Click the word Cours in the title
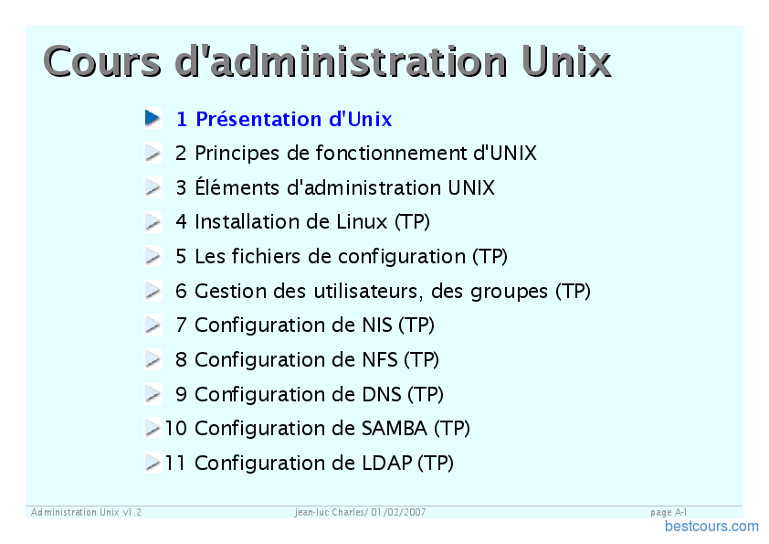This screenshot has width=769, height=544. [102, 61]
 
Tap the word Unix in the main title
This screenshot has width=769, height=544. [566, 61]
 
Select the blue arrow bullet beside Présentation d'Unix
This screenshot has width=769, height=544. [153, 118]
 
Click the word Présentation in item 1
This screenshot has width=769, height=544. [258, 119]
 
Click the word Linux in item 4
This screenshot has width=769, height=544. [362, 222]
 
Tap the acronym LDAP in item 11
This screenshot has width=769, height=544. [387, 463]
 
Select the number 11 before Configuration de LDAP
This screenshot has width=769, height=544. [175, 463]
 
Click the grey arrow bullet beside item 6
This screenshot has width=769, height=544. [153, 291]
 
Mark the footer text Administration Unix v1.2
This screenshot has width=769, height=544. [87, 512]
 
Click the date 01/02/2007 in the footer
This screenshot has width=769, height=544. [398, 512]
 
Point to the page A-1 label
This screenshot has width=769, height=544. [669, 512]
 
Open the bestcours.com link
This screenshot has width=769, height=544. [711, 527]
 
